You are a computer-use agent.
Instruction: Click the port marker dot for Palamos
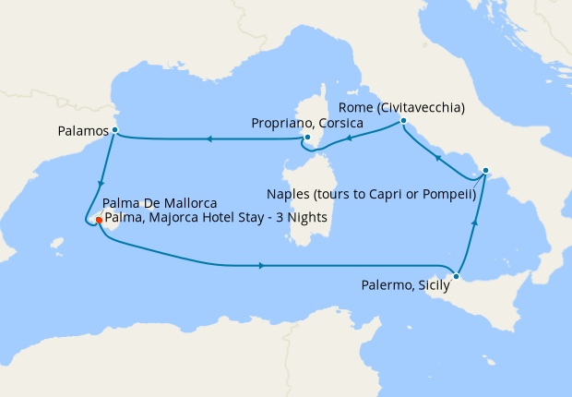[114, 130]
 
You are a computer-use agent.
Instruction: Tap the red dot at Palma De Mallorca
[99, 221]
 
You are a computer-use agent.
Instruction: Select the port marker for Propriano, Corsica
[307, 138]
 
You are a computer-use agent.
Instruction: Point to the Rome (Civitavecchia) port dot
[404, 121]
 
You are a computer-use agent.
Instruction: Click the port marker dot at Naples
[486, 171]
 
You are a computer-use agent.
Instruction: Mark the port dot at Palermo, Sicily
[457, 276]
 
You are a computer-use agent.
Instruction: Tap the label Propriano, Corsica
[300, 123]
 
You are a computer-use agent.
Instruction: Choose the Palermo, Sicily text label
[405, 285]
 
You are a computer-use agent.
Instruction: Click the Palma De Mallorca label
[160, 203]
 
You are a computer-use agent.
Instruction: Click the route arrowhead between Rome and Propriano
[348, 140]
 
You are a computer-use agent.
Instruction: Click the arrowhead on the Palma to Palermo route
[262, 266]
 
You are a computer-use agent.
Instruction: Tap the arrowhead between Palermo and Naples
[476, 223]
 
